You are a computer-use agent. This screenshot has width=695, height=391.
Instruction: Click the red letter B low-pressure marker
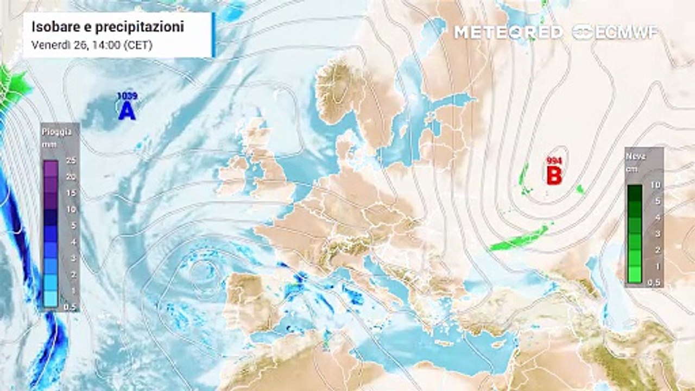pos(553,175)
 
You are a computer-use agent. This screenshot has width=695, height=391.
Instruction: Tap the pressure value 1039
pos(127,96)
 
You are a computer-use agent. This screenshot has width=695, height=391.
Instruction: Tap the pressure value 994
pos(554,161)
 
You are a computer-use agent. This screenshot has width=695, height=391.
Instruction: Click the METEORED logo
pos(508,32)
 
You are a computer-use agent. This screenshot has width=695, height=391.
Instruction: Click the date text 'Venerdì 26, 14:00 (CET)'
pos(92,46)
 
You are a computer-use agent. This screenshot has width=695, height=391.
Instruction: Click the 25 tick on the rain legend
pos(69,161)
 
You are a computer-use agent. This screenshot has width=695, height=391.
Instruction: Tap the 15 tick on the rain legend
pos(69,193)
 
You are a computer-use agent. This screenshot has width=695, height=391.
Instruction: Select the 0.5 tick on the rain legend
pos(69,307)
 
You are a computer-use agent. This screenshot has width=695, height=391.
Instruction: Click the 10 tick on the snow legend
pos(655,185)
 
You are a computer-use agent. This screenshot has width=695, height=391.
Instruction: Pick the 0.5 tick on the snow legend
pos(654,282)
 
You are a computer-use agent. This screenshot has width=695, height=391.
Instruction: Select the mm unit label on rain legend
pos(49,144)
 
